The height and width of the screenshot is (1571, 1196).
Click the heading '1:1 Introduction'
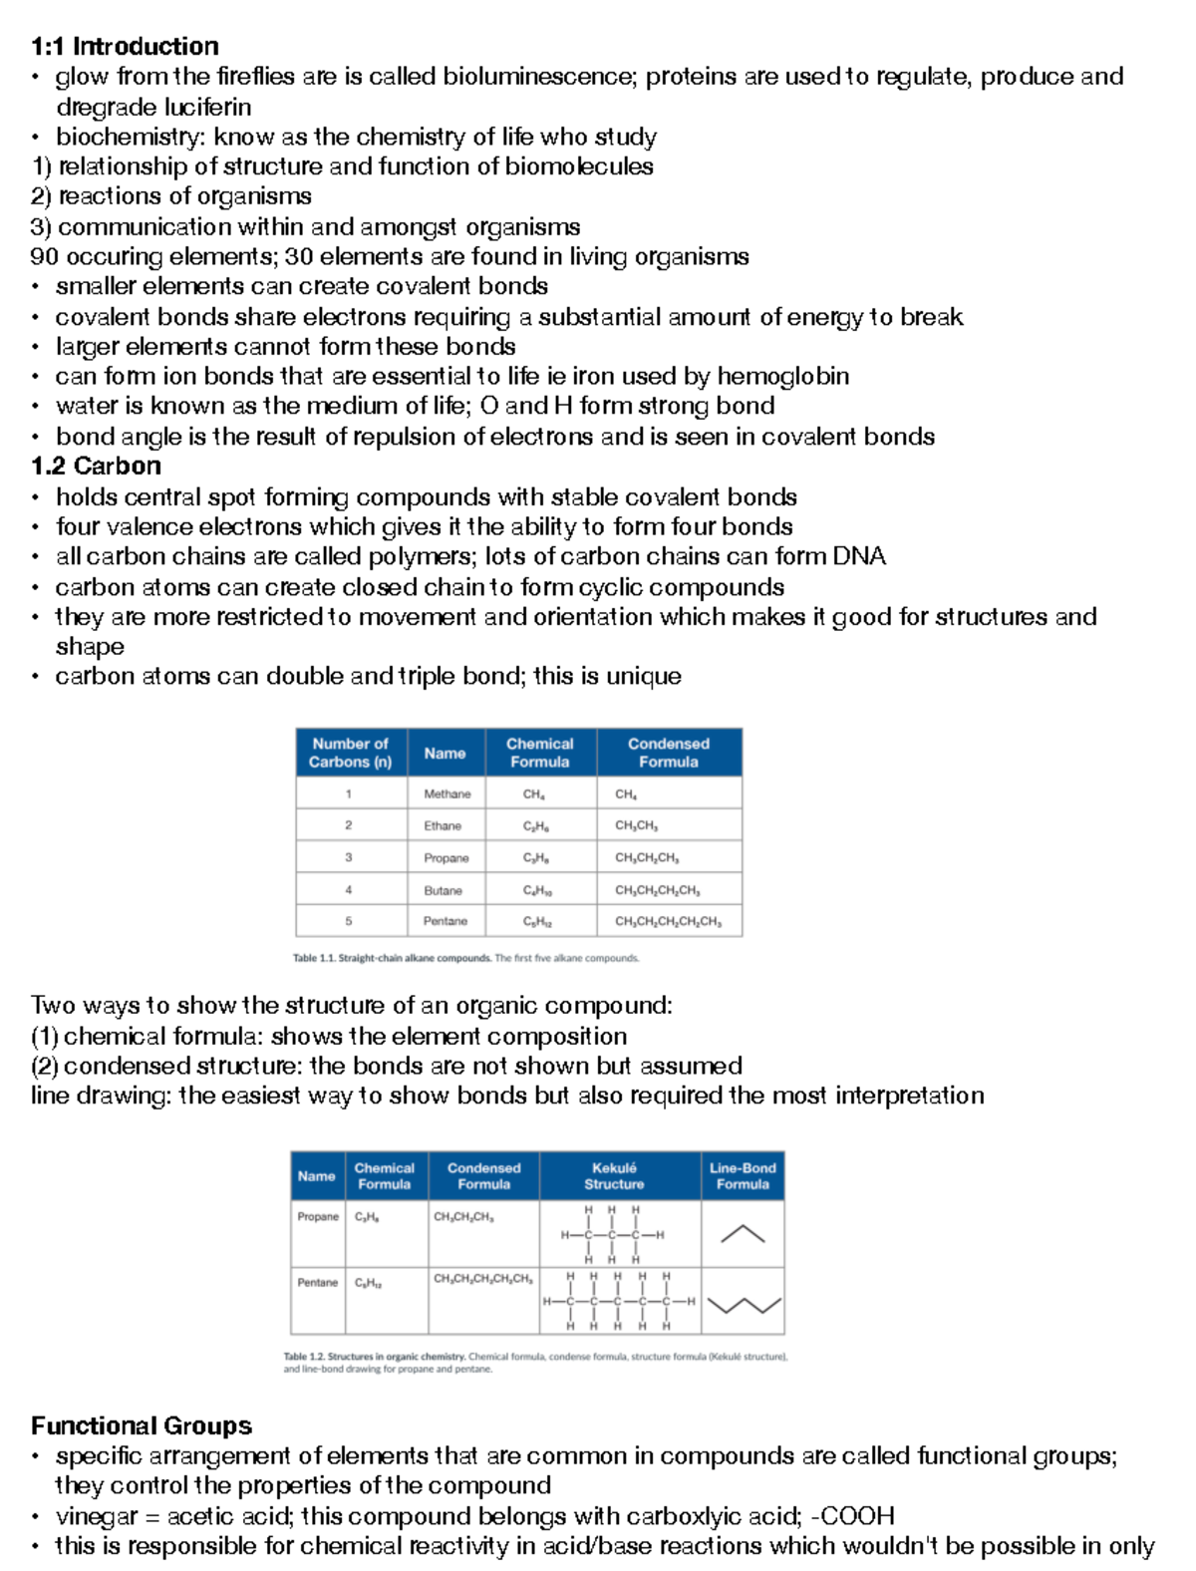[x=125, y=47]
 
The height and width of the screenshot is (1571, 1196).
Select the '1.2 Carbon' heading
[x=96, y=467]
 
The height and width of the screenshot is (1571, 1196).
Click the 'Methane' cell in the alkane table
[x=447, y=794]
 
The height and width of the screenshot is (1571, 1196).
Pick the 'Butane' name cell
[x=443, y=890]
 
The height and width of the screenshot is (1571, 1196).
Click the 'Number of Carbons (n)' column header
[x=350, y=753]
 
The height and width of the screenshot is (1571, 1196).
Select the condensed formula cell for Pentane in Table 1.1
[x=668, y=922]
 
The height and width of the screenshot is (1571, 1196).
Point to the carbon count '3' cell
[x=348, y=857]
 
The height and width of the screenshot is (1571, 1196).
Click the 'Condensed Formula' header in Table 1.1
[x=668, y=753]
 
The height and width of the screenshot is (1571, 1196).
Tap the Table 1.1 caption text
[x=465, y=958]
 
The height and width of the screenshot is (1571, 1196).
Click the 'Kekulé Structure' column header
[x=614, y=1176]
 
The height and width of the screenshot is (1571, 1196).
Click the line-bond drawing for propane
[x=743, y=1234]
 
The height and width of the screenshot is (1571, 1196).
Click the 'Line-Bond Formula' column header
[x=743, y=1176]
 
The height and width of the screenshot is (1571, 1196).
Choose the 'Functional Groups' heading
[x=142, y=1426]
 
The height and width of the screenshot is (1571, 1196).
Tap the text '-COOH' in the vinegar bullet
[x=853, y=1517]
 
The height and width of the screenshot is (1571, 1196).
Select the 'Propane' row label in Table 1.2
[x=317, y=1217]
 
